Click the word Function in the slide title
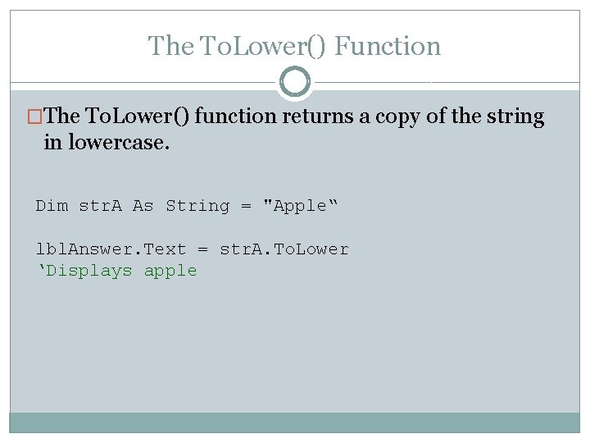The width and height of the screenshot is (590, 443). (x=388, y=47)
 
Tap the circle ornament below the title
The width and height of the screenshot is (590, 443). (x=295, y=82)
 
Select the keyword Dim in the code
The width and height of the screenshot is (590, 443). (x=52, y=206)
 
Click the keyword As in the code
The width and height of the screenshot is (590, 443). (x=143, y=206)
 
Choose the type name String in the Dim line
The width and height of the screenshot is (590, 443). (x=197, y=206)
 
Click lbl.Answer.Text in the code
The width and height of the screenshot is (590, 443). (x=111, y=249)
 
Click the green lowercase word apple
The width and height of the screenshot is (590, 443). (x=170, y=271)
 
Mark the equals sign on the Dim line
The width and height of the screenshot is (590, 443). (x=245, y=207)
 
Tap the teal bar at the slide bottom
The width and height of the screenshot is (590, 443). (x=295, y=422)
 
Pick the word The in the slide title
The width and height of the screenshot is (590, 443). (x=168, y=47)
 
